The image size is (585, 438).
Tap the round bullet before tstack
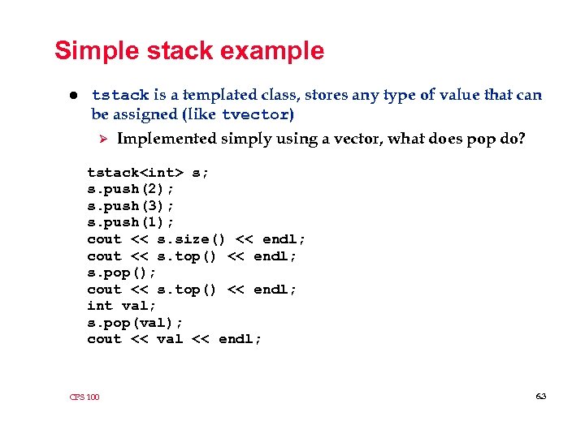72,96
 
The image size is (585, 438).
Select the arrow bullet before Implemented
102,139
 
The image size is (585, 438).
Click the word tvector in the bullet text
256,114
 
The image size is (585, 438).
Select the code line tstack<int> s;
148,173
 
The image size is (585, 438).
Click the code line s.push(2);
131,189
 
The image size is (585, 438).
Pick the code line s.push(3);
131,206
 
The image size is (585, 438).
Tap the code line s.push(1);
131,222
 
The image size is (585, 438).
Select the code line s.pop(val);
135,323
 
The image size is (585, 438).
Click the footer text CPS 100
84,397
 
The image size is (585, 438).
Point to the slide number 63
541,396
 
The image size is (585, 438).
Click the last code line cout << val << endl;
175,339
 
